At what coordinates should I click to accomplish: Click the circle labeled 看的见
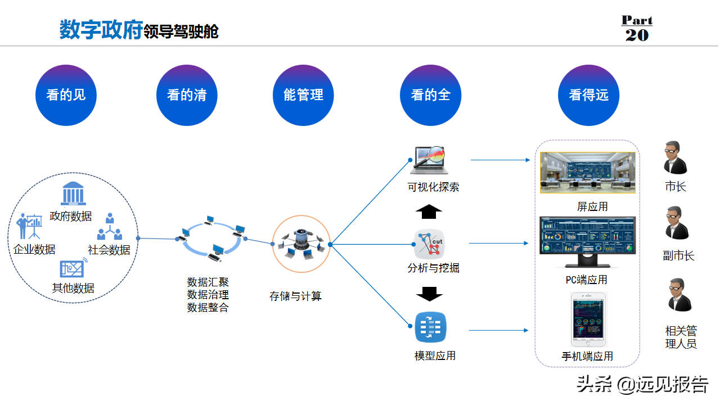(x=66, y=95)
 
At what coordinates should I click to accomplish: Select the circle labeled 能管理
(x=303, y=95)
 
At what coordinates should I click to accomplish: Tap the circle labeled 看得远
(x=588, y=95)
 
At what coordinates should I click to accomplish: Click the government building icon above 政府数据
(x=73, y=193)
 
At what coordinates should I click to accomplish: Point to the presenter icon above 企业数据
(x=29, y=226)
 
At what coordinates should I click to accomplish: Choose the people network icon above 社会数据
(x=110, y=226)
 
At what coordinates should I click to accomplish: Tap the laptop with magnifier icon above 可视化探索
(x=430, y=160)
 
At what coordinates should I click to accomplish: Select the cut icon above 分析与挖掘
(x=429, y=244)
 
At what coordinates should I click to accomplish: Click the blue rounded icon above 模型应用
(x=430, y=327)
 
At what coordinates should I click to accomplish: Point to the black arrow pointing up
(x=429, y=211)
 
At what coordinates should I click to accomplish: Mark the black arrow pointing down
(x=429, y=294)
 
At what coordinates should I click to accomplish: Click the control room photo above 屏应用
(x=588, y=173)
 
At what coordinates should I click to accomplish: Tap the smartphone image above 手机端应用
(x=588, y=319)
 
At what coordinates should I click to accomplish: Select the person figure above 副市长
(x=677, y=223)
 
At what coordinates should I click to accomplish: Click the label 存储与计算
(x=295, y=296)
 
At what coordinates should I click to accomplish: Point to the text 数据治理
(x=208, y=294)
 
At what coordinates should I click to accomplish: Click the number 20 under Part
(x=637, y=35)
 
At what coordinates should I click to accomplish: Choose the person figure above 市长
(x=676, y=157)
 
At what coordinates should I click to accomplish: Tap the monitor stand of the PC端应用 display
(x=588, y=261)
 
